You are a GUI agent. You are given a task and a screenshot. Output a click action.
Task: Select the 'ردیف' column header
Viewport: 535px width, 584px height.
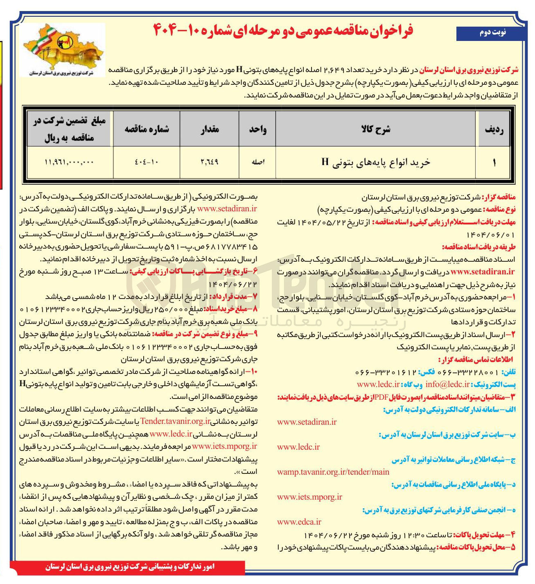(494, 129)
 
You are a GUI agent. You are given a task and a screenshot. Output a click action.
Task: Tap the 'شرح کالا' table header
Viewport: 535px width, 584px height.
(375, 129)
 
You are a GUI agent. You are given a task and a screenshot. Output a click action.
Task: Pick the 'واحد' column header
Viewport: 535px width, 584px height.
(257, 129)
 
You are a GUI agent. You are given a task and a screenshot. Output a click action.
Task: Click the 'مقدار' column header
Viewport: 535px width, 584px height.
(210, 129)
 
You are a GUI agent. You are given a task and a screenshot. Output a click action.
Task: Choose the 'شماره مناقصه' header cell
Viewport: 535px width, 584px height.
(147, 129)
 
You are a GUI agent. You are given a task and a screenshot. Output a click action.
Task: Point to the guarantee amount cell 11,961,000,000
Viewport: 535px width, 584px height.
(69, 162)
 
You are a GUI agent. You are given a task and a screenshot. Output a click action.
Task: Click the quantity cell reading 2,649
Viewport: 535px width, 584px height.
(210, 162)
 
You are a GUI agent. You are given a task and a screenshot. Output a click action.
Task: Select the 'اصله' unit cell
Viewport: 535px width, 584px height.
(257, 162)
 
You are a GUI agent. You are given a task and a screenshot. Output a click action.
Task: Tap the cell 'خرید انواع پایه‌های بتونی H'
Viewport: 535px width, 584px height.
(375, 162)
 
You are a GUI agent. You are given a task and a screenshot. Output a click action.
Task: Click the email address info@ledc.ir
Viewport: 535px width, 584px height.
(447, 384)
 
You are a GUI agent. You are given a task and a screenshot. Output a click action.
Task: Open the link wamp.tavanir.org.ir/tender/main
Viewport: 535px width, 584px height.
(333, 472)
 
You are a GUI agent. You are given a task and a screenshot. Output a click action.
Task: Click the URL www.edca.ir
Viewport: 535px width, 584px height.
(299, 522)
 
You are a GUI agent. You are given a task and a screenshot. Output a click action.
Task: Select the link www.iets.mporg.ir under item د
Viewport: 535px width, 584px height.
(309, 497)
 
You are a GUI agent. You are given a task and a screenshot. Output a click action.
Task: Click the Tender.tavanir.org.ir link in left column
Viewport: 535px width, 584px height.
(176, 421)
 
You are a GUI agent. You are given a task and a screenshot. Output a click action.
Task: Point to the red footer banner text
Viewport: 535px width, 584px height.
(130, 567)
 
